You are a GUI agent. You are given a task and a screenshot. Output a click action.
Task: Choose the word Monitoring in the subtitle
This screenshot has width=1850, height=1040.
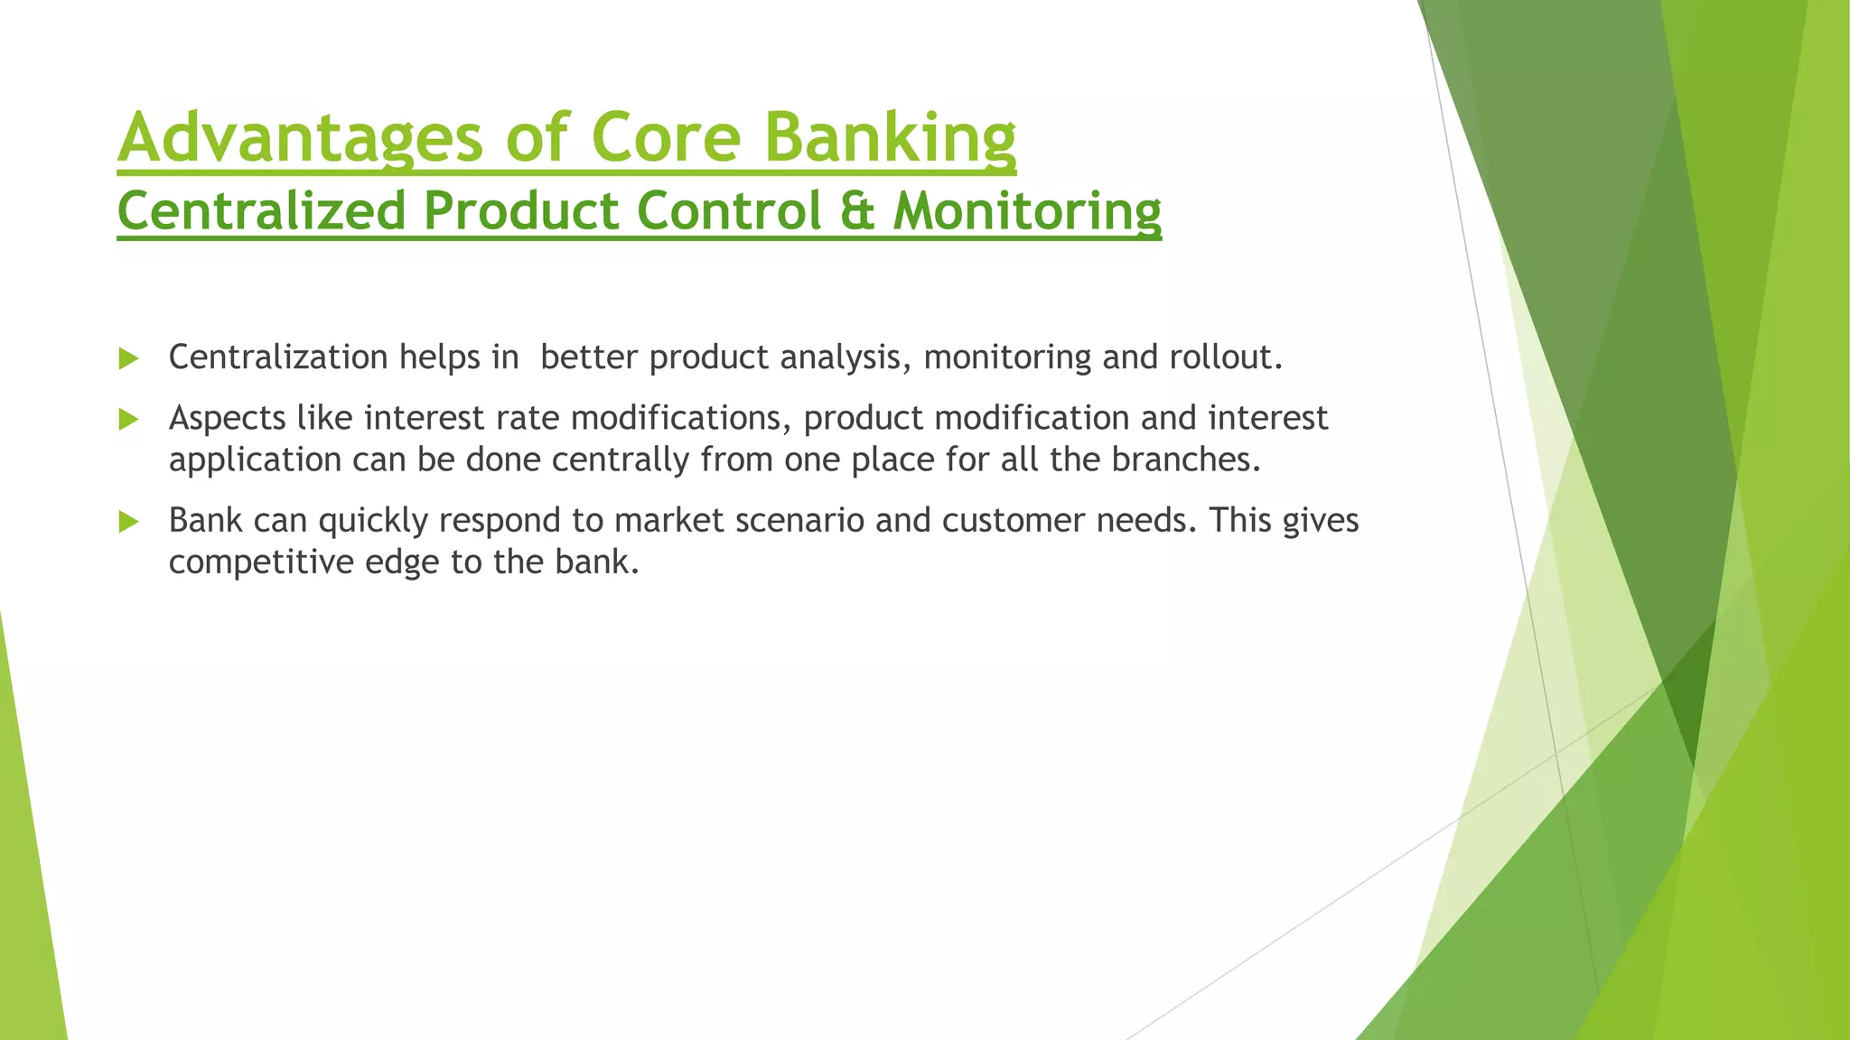pyautogui.click(x=1027, y=211)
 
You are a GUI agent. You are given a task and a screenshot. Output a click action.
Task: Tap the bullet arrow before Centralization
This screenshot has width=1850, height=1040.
pyautogui.click(x=128, y=359)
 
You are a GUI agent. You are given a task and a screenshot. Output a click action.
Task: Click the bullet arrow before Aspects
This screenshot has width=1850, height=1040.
pyautogui.click(x=128, y=420)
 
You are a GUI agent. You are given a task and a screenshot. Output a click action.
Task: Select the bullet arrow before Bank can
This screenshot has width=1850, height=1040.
pyautogui.click(x=128, y=522)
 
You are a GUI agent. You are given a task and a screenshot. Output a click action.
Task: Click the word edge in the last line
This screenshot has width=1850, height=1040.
pyautogui.click(x=402, y=562)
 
